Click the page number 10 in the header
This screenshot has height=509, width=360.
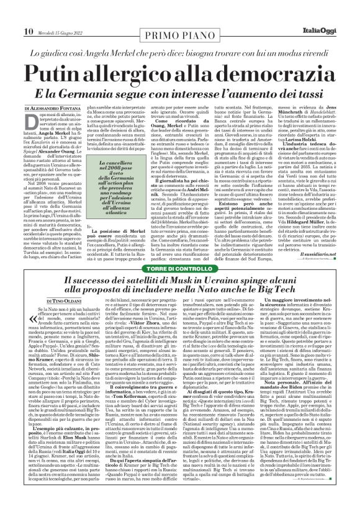(x=11, y=14)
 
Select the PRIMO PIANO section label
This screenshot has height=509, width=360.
(x=179, y=16)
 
